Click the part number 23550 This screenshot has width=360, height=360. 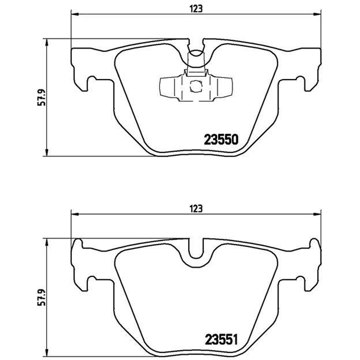[221, 140]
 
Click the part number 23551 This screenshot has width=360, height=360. [221, 339]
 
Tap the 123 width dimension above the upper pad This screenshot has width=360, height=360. [196, 9]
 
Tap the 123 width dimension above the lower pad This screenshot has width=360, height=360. [196, 209]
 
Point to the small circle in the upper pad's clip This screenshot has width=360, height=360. [196, 86]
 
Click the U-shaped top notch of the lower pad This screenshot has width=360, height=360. [196, 250]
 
